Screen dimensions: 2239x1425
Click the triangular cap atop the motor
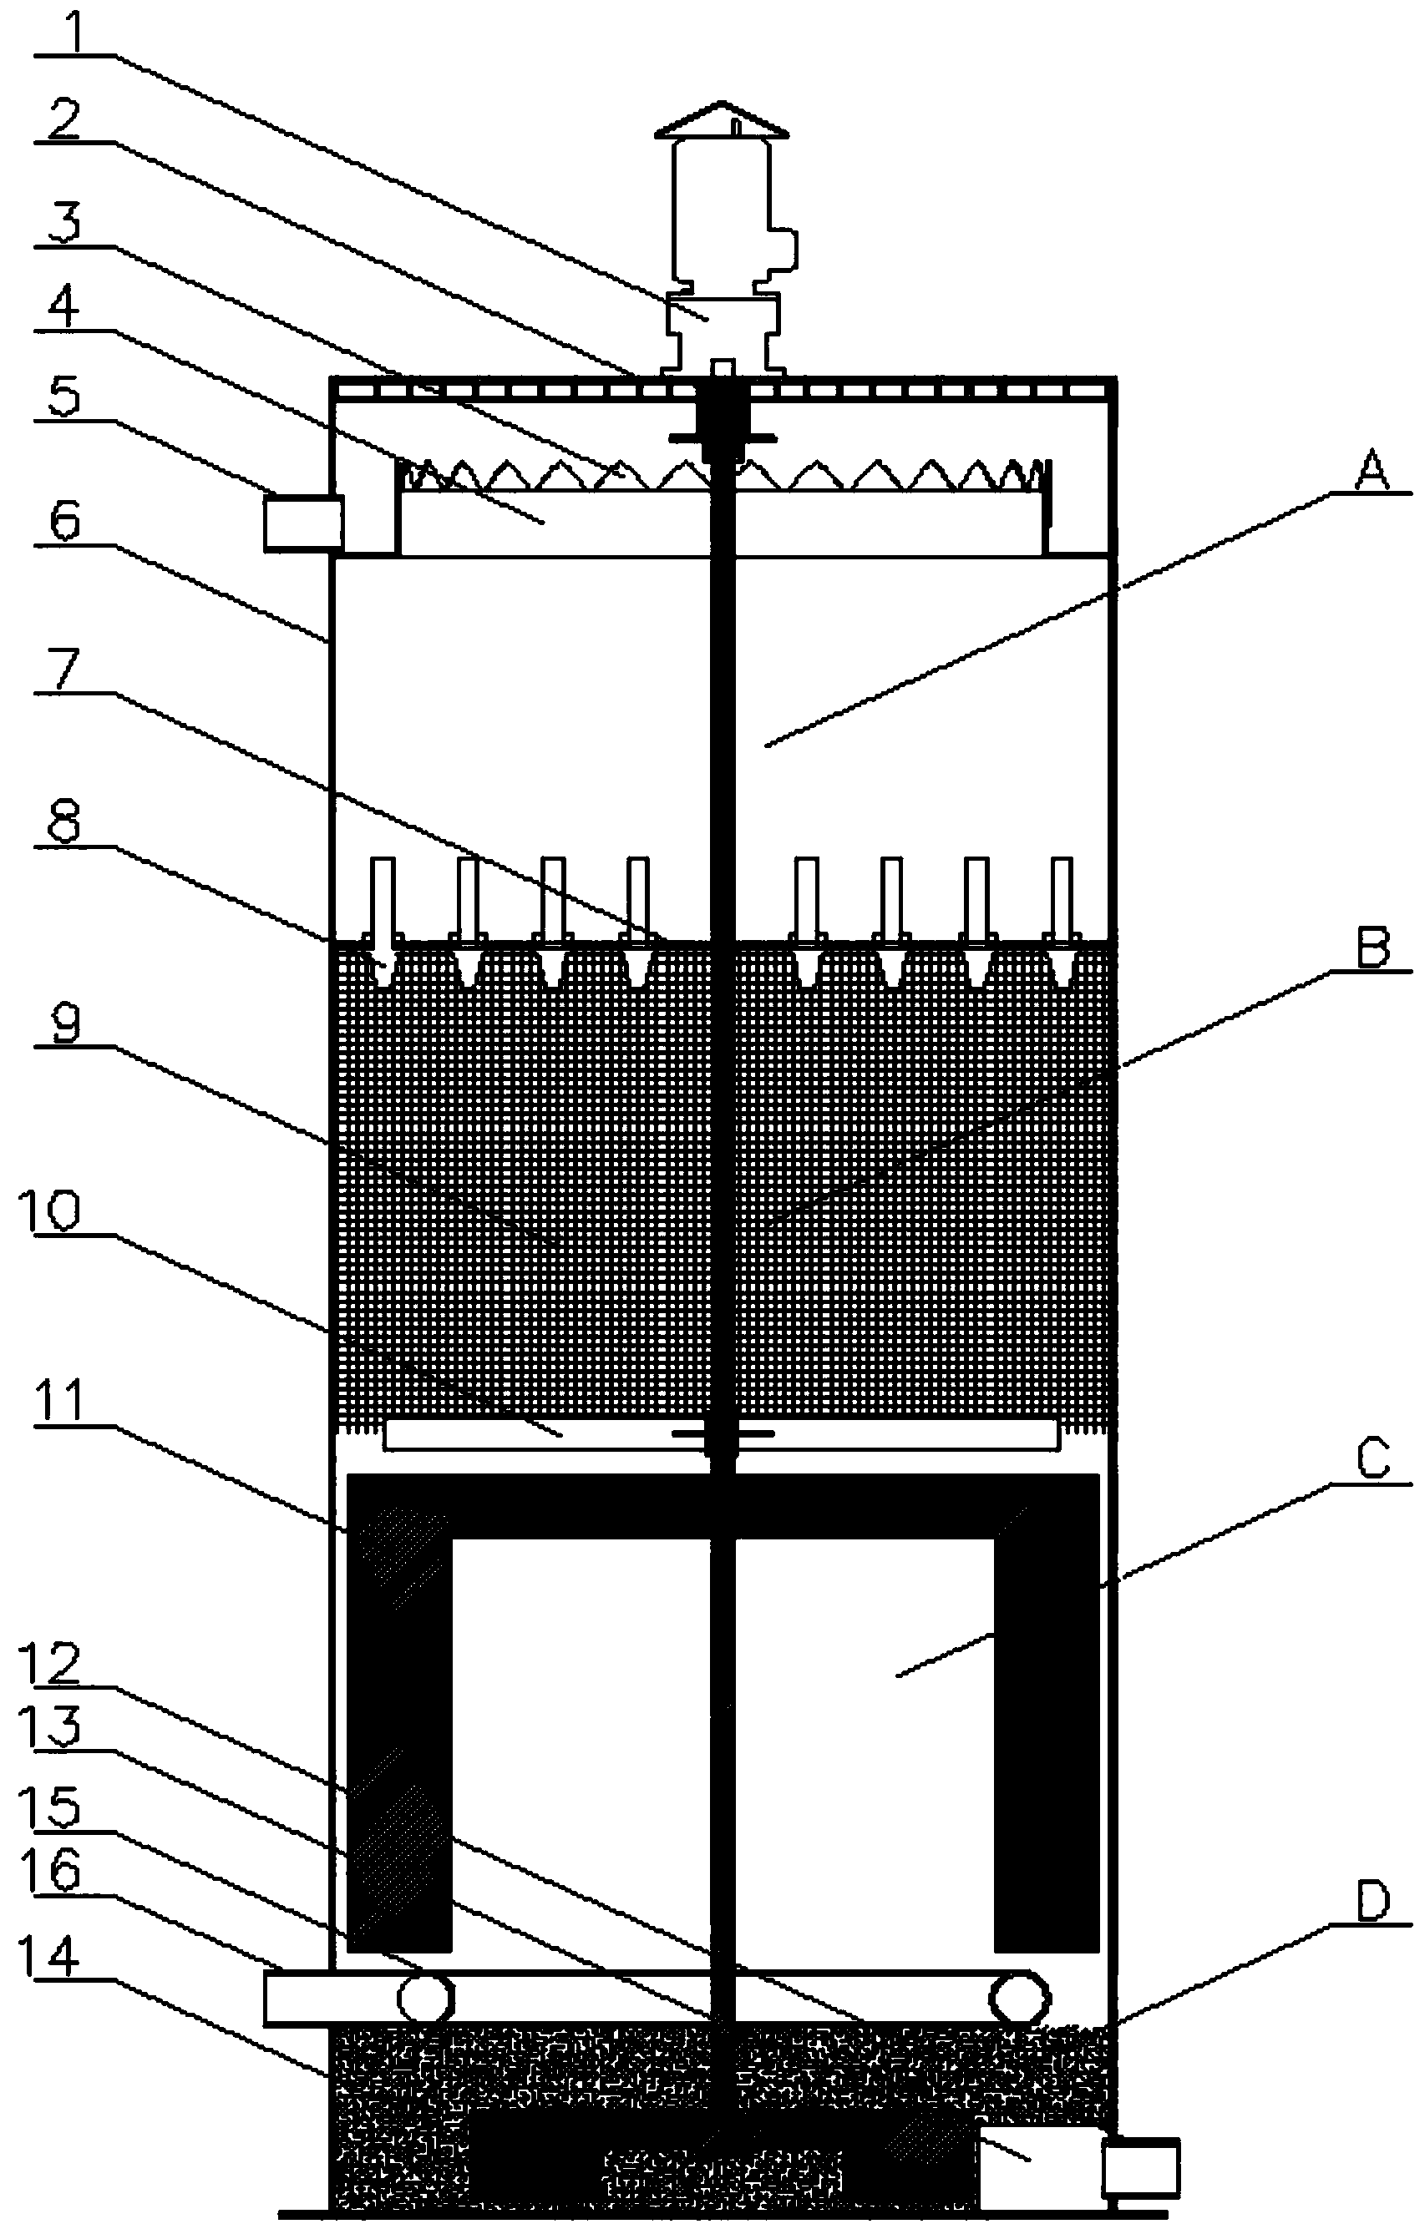(722, 121)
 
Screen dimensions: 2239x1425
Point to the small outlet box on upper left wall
(303, 523)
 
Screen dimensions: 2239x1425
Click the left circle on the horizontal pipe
(425, 1996)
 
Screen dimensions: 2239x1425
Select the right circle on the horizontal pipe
(1019, 1996)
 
